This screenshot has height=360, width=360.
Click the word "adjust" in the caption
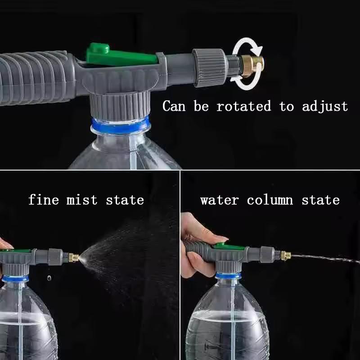pyautogui.click(x=325, y=107)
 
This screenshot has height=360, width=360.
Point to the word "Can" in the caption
pyautogui.click(x=176, y=107)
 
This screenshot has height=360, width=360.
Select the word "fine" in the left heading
pyautogui.click(x=44, y=199)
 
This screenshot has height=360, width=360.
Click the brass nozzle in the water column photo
pyautogui.click(x=285, y=256)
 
